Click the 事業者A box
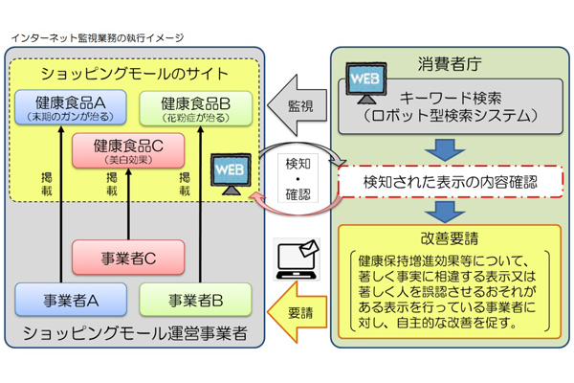[66, 300]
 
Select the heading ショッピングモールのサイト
[134, 72]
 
